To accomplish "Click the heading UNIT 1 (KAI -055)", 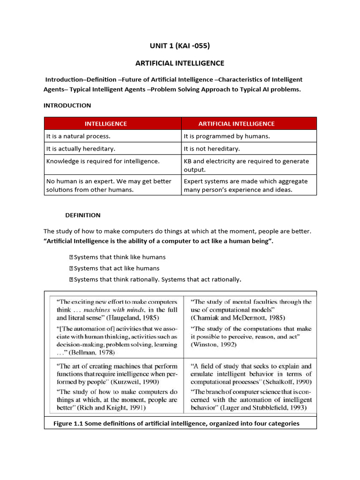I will [180, 45].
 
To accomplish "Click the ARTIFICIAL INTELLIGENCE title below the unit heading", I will [180, 63].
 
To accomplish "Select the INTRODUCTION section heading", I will [67, 105].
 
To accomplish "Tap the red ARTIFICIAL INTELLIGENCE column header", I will [236, 124].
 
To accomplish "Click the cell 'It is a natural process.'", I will [78, 136].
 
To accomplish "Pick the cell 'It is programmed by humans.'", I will [227, 136].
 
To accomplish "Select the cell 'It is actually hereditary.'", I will [80, 149].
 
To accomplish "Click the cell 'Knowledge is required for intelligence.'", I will [103, 161].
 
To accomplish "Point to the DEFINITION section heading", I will [82, 215].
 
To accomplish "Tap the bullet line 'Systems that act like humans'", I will [117, 268].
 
